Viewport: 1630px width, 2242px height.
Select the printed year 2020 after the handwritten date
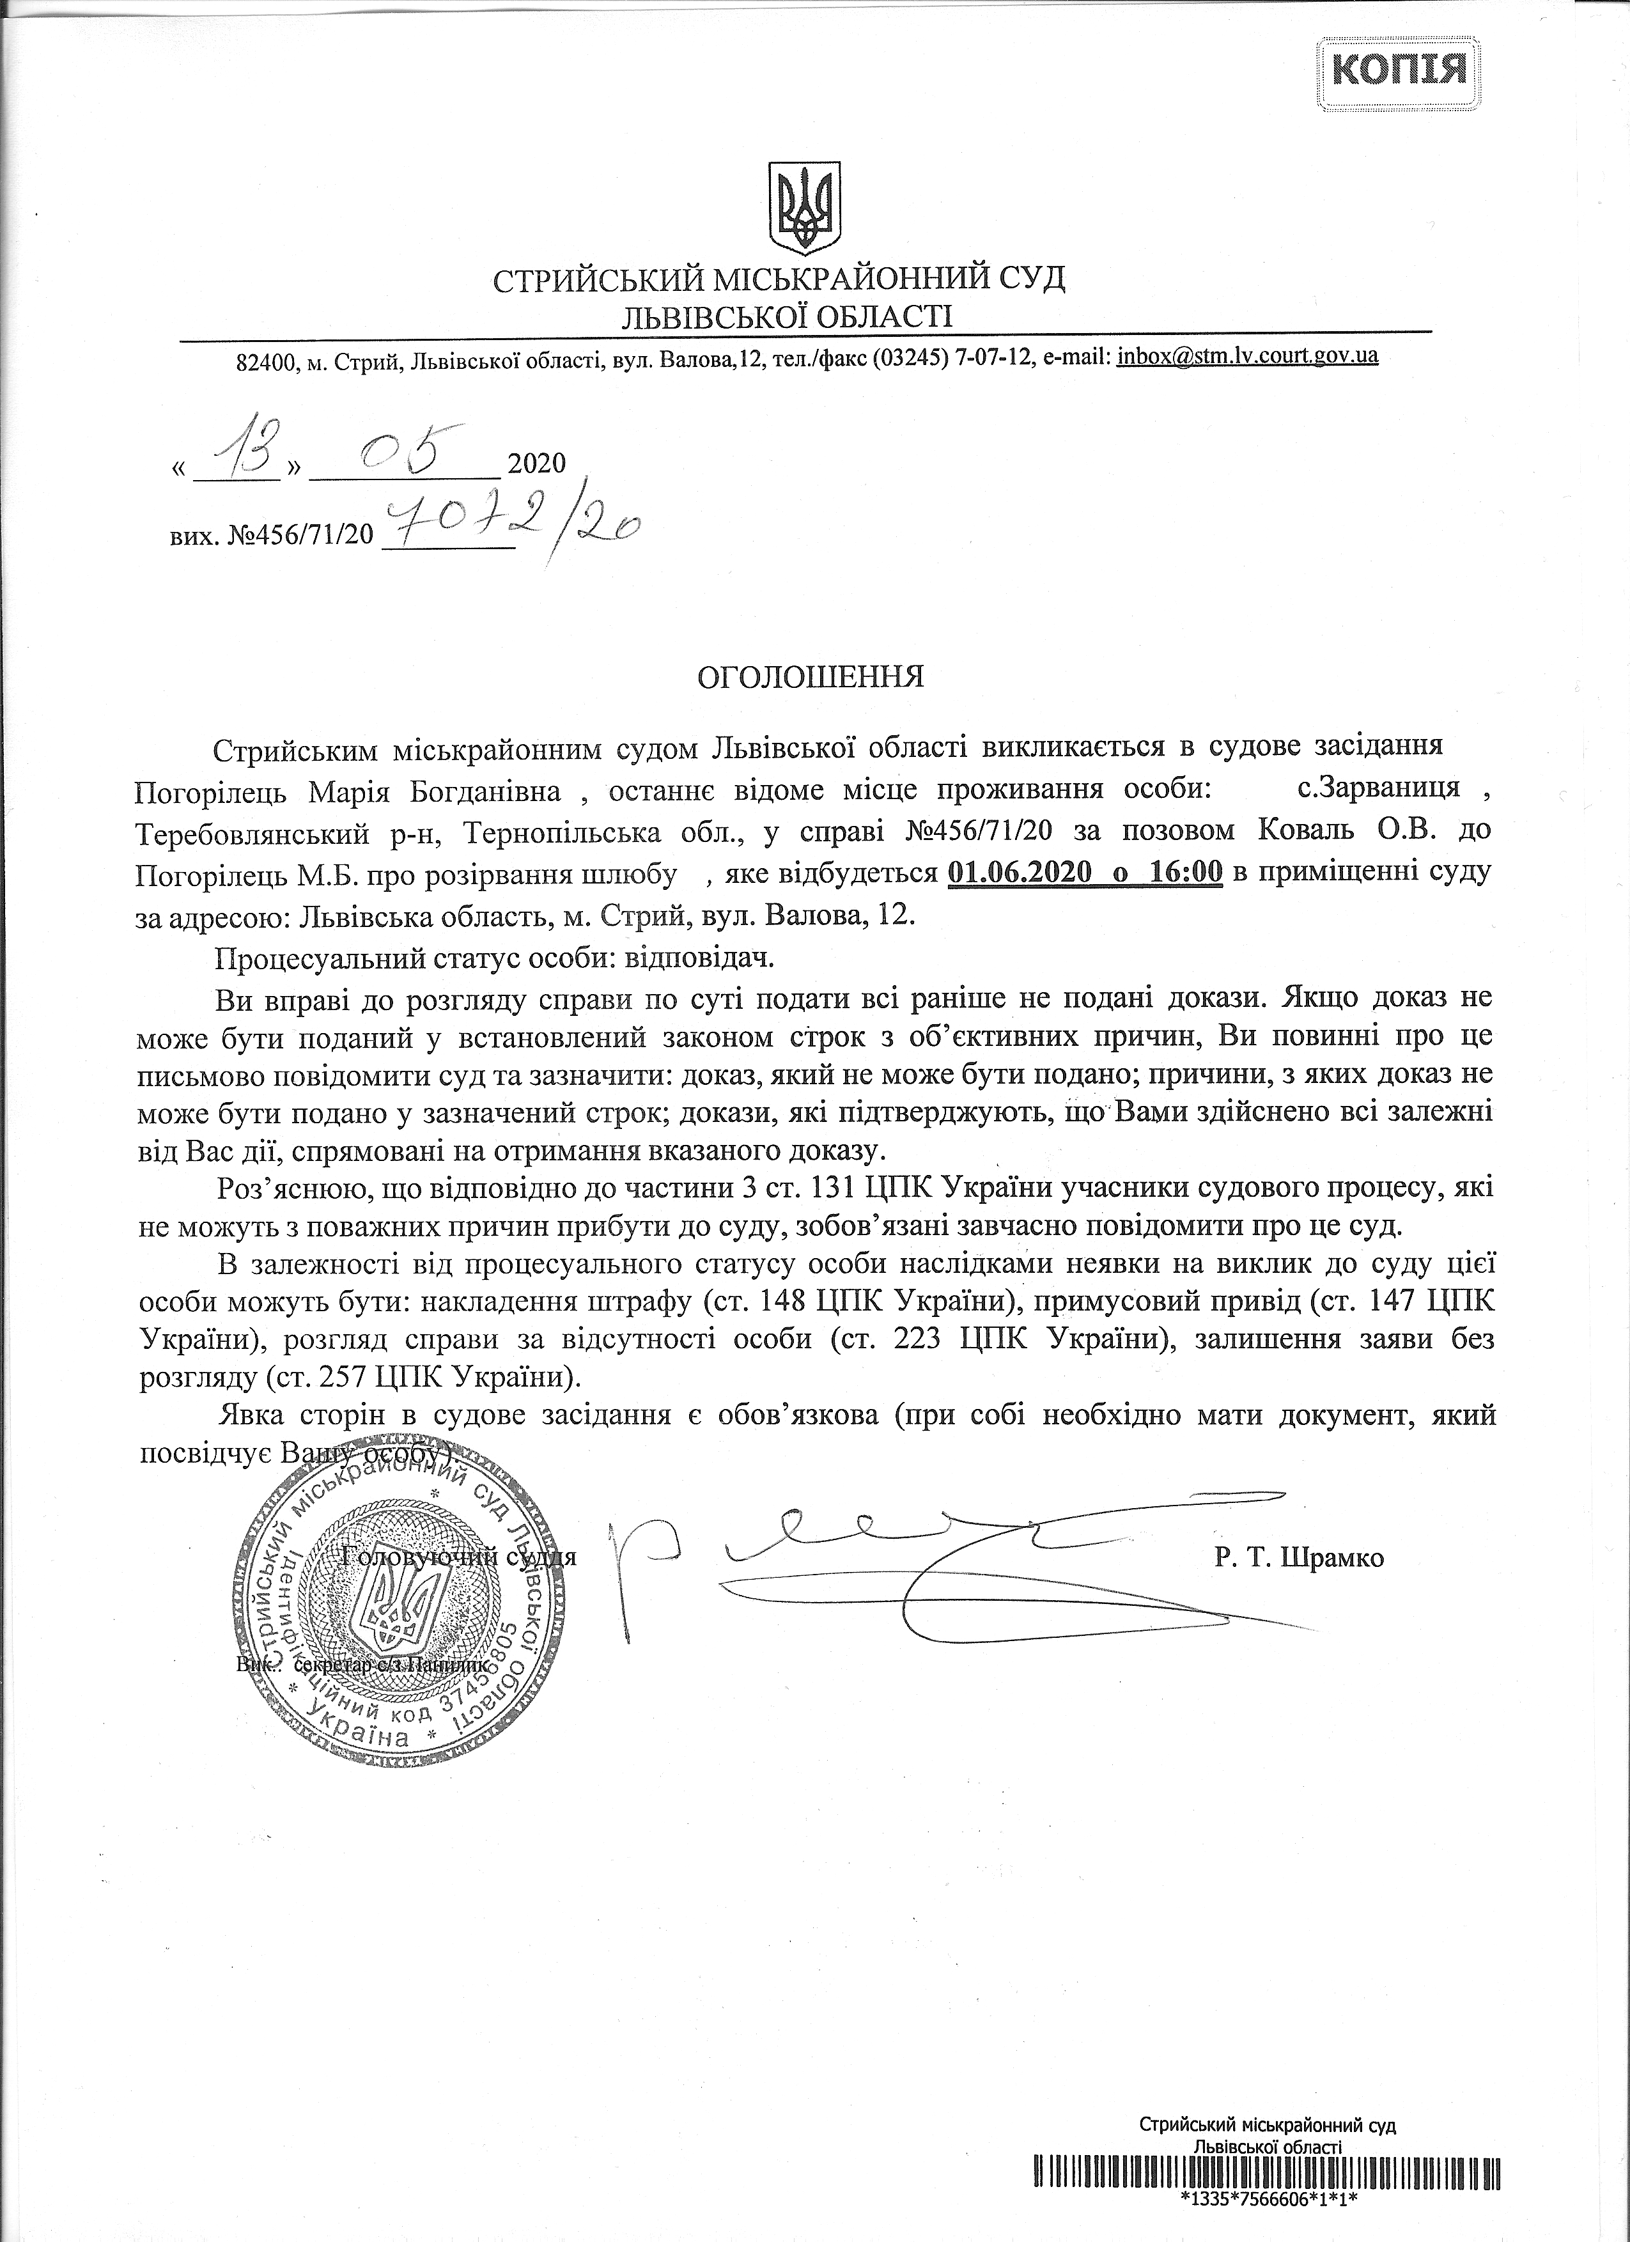[535, 463]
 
